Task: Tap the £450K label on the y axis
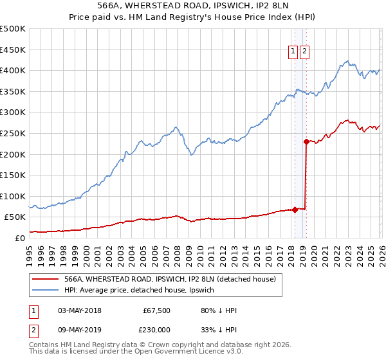tap(13, 50)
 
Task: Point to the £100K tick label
tap(13, 196)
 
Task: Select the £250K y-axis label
tap(13, 133)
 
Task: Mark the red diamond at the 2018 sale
tap(295, 209)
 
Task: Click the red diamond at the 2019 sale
tap(306, 142)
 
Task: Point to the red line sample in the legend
tap(45, 279)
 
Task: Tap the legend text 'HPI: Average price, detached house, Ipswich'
tap(143, 290)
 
